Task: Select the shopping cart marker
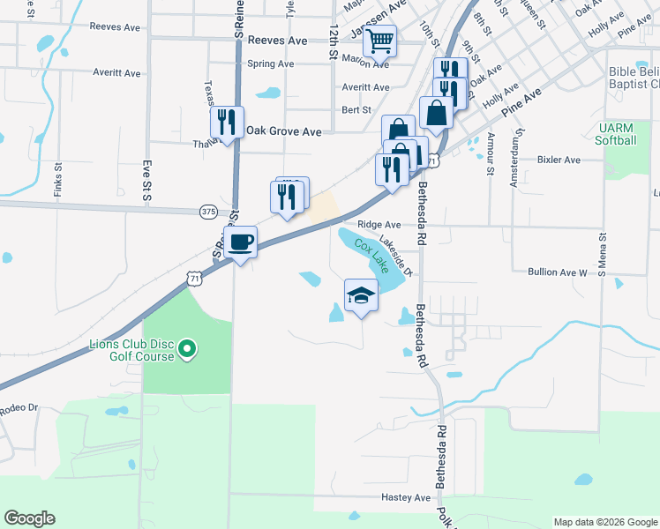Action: point(380,41)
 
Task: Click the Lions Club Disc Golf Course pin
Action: point(186,351)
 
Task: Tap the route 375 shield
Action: point(208,212)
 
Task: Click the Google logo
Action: point(29,518)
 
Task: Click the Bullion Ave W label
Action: point(558,273)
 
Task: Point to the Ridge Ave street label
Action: point(379,225)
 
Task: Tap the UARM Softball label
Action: point(615,135)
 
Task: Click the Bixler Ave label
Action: point(559,160)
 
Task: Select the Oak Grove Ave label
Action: point(284,130)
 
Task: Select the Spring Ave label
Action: point(271,63)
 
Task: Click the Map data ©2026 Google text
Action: point(604,522)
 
